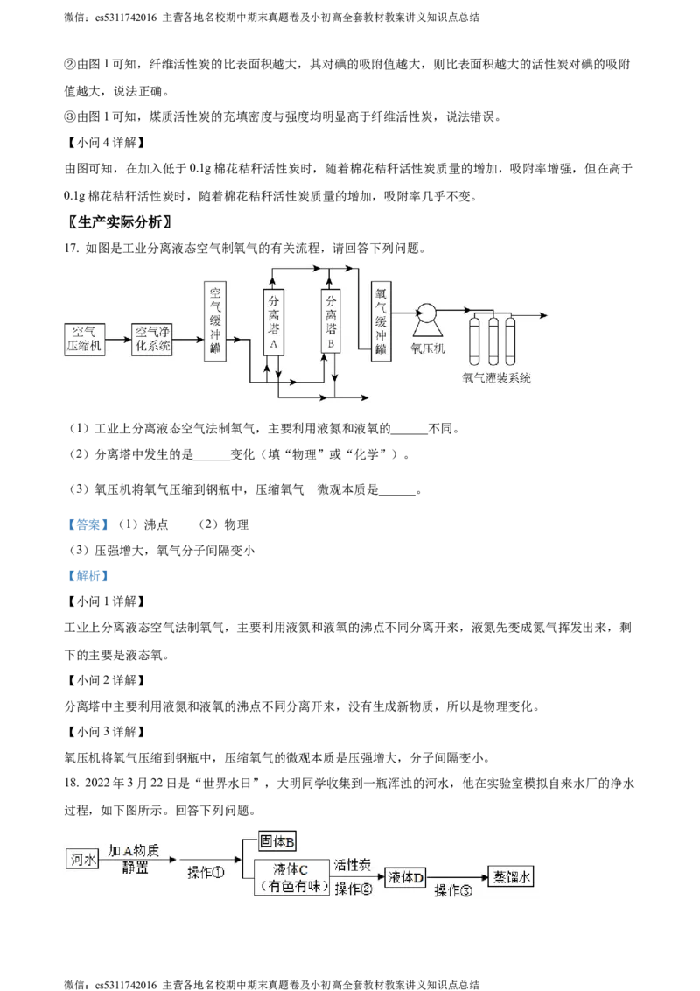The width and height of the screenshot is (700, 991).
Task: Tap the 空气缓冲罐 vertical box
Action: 214,321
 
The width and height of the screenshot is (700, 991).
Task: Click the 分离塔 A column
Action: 274,320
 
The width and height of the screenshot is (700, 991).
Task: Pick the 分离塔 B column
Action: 331,320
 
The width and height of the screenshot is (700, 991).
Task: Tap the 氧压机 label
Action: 428,348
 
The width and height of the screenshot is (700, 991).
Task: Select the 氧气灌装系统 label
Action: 497,377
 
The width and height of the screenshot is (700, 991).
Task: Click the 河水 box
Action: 82,859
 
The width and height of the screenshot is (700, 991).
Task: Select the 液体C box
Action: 291,876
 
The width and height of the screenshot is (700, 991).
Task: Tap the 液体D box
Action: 405,876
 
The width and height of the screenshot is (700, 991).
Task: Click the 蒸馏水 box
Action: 511,875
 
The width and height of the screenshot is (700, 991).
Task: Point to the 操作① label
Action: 206,873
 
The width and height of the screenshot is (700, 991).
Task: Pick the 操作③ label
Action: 454,890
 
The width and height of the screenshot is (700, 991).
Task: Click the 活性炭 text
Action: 353,864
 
